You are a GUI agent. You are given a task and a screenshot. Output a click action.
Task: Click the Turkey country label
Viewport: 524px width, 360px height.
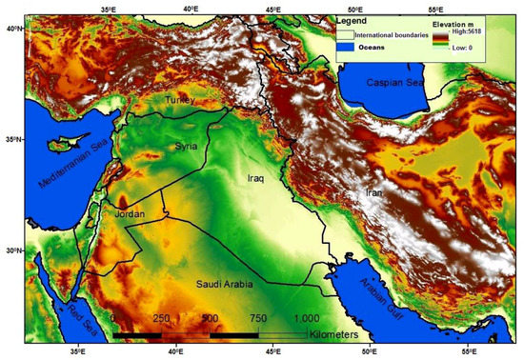point(180,100)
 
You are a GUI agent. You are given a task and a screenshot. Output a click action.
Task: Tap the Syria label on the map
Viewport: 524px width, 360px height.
point(186,146)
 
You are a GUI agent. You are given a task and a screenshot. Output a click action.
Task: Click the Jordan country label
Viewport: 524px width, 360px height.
point(130,214)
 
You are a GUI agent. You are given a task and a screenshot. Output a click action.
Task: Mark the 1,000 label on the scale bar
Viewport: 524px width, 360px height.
point(307,318)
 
